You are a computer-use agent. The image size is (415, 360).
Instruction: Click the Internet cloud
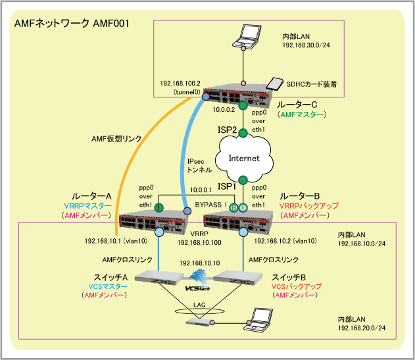[x=243, y=158]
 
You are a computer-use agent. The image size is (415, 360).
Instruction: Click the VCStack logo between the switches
[x=197, y=286]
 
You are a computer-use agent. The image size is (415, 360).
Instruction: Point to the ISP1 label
[x=226, y=187]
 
